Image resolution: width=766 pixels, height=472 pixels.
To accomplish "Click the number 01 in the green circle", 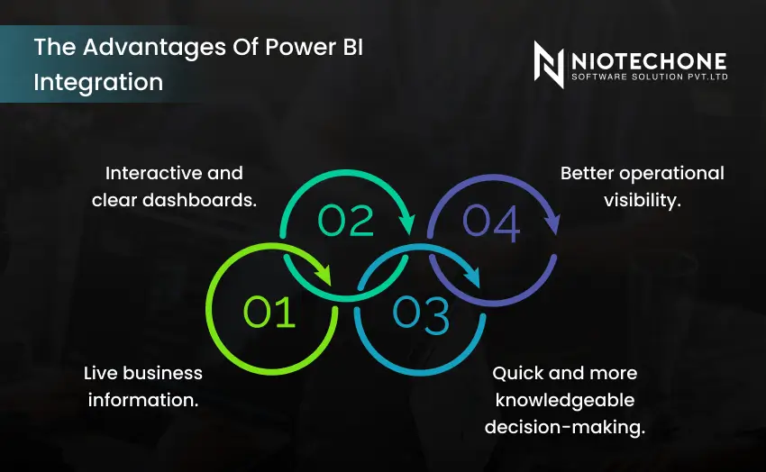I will pos(270,312).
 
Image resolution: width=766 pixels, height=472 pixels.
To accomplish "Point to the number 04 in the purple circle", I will pos(492,223).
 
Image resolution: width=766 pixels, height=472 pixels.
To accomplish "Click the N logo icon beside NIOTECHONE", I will pos(549,65).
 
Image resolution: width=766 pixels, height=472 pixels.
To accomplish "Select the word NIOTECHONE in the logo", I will pos(649,59).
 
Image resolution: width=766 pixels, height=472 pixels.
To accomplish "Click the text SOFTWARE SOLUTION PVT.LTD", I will pos(649,77).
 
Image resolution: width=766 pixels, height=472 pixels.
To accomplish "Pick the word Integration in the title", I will pos(98,82).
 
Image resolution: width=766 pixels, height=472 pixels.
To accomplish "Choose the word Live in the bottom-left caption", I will pos(104,373).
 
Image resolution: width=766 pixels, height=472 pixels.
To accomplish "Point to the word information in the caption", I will pos(143,400).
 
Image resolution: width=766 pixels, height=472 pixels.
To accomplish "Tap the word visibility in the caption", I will pos(642,200).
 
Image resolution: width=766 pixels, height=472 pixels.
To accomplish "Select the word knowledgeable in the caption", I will pos(565,400).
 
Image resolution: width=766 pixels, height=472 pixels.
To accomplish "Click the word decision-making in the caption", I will pos(565,427).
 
